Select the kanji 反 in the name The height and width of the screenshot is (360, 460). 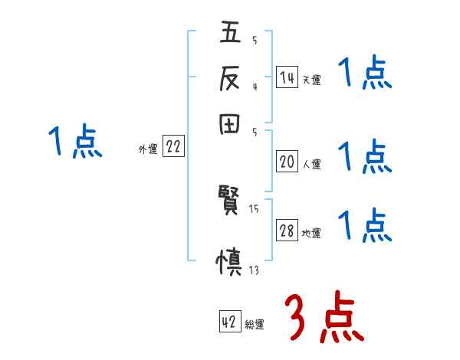point(230,80)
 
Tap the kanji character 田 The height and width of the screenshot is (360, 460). point(230,124)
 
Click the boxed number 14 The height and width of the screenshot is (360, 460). point(287,77)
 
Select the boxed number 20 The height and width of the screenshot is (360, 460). point(287,162)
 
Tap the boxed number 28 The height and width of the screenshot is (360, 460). point(287,231)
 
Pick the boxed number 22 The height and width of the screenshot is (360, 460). point(173,148)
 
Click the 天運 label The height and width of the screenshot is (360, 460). point(311,79)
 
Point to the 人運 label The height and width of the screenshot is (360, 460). point(311,164)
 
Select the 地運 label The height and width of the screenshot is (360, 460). point(311,234)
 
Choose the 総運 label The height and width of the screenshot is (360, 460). point(255,325)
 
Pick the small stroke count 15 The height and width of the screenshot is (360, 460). point(254,208)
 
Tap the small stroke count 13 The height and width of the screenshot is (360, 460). point(254,270)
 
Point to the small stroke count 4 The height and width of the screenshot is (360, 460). point(254,87)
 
